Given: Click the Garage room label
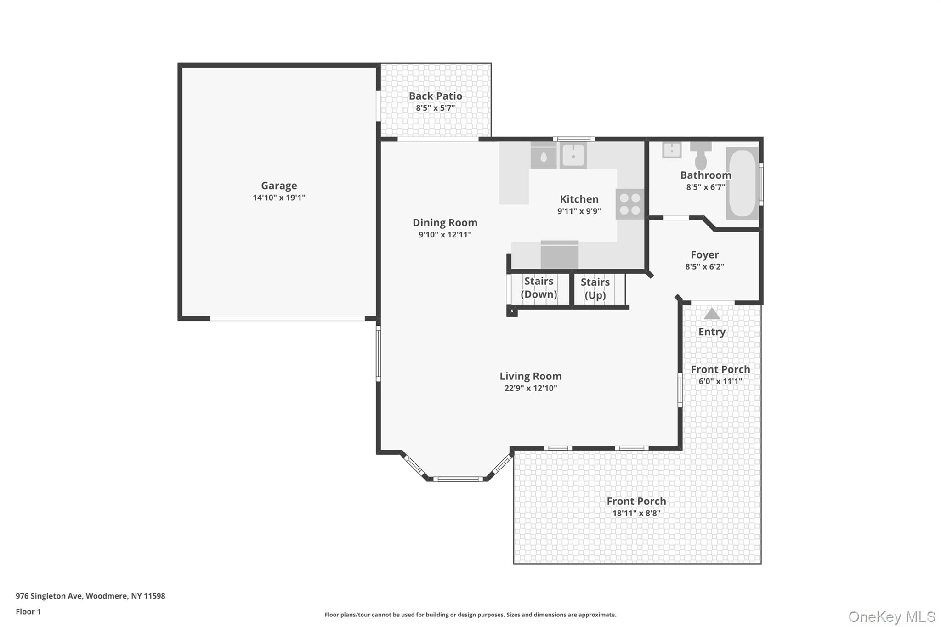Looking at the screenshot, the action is (279, 186).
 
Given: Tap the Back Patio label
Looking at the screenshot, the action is (435, 96).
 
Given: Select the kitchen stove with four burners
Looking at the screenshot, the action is (629, 204).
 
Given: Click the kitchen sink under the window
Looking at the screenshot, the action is (573, 155).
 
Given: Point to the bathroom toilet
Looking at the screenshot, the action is (701, 156).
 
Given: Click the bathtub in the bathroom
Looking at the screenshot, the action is (742, 183).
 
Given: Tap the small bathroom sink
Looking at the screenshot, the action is (672, 150).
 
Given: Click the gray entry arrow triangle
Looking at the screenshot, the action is (712, 314).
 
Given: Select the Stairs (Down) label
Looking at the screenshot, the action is (539, 288).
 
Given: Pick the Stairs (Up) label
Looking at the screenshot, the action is (595, 288).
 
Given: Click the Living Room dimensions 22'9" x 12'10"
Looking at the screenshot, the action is (531, 388).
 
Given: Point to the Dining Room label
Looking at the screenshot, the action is (445, 222).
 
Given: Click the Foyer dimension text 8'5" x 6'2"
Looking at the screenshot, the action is (704, 266).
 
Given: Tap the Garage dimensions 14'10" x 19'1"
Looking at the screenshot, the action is (279, 198).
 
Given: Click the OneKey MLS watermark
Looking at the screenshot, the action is (892, 616).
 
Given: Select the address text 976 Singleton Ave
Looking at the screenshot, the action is (49, 596).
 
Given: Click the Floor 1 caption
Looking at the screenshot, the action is (28, 611).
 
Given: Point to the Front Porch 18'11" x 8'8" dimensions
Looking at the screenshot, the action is (636, 513).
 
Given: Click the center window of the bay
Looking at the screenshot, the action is (458, 479).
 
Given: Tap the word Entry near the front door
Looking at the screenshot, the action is (712, 332).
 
